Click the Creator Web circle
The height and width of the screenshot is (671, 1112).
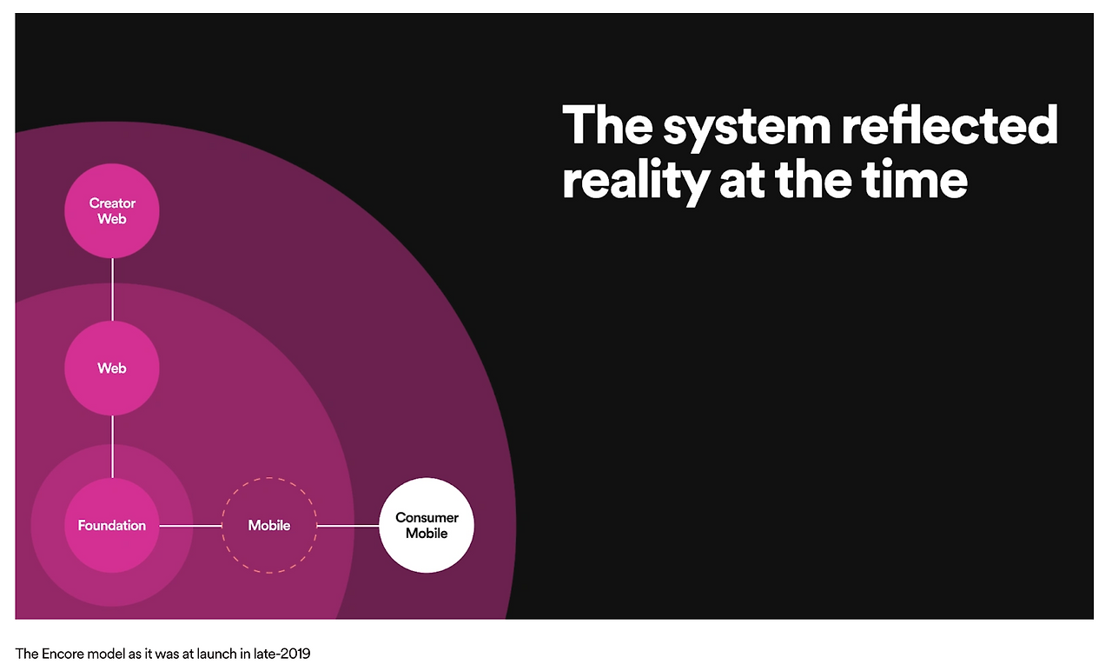[112, 211]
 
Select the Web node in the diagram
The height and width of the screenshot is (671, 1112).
[112, 368]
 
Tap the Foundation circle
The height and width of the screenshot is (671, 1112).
[112, 525]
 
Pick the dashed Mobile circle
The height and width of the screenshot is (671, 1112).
[269, 525]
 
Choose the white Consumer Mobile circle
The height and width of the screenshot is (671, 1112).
[427, 525]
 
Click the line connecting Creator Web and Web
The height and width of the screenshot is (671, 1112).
[112, 289]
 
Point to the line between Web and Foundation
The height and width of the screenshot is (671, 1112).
[112, 446]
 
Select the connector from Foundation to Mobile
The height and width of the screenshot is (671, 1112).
[190, 525]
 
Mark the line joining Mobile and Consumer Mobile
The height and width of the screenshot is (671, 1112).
[347, 525]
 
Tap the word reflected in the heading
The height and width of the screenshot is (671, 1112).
[949, 126]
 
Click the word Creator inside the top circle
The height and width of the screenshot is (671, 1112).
[112, 203]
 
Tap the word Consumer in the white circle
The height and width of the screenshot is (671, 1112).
[427, 518]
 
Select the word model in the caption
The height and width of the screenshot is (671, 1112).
[104, 653]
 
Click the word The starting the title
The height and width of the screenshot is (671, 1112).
[606, 126]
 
